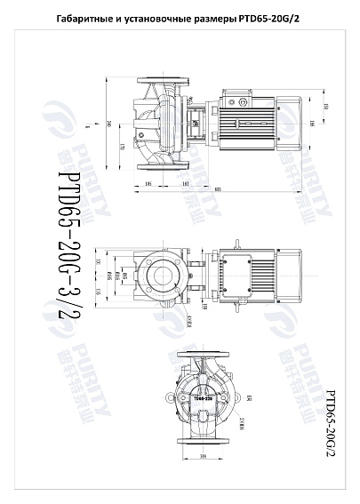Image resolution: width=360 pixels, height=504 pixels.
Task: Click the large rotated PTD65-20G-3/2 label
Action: [x=74, y=244]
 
